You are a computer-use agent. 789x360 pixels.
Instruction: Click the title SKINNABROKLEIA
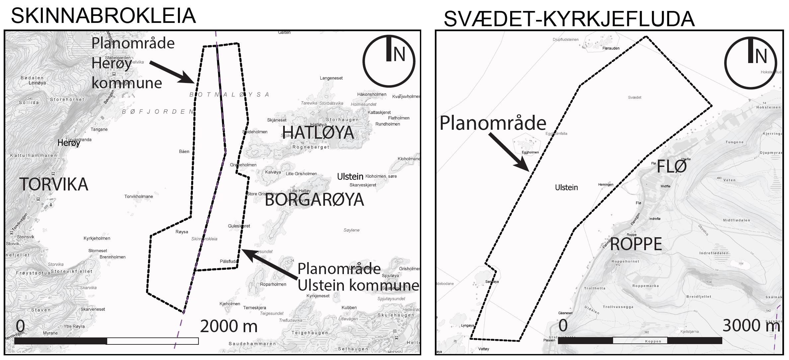click(103, 16)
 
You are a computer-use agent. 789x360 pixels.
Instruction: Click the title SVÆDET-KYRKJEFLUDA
click(569, 19)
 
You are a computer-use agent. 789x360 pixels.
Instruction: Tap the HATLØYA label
click(318, 132)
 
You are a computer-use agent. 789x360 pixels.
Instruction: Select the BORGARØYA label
click(314, 200)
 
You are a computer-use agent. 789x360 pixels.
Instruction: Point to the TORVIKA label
click(53, 184)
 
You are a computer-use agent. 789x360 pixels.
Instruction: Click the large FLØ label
click(671, 166)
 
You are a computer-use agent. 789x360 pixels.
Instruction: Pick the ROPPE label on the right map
click(636, 245)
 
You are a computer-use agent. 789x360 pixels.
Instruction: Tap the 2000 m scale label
click(229, 326)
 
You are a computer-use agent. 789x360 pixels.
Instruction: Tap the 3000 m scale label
click(751, 326)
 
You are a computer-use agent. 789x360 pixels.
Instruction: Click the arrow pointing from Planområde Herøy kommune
click(172, 72)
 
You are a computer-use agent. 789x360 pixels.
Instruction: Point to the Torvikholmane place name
click(139, 197)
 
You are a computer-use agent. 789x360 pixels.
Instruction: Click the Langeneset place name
click(331, 78)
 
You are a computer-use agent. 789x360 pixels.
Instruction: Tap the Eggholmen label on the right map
click(530, 153)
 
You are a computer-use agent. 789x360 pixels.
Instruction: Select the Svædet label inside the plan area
click(634, 98)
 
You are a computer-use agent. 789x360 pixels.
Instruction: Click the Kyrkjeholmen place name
click(97, 239)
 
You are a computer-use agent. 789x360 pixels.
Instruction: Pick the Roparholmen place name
click(273, 285)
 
